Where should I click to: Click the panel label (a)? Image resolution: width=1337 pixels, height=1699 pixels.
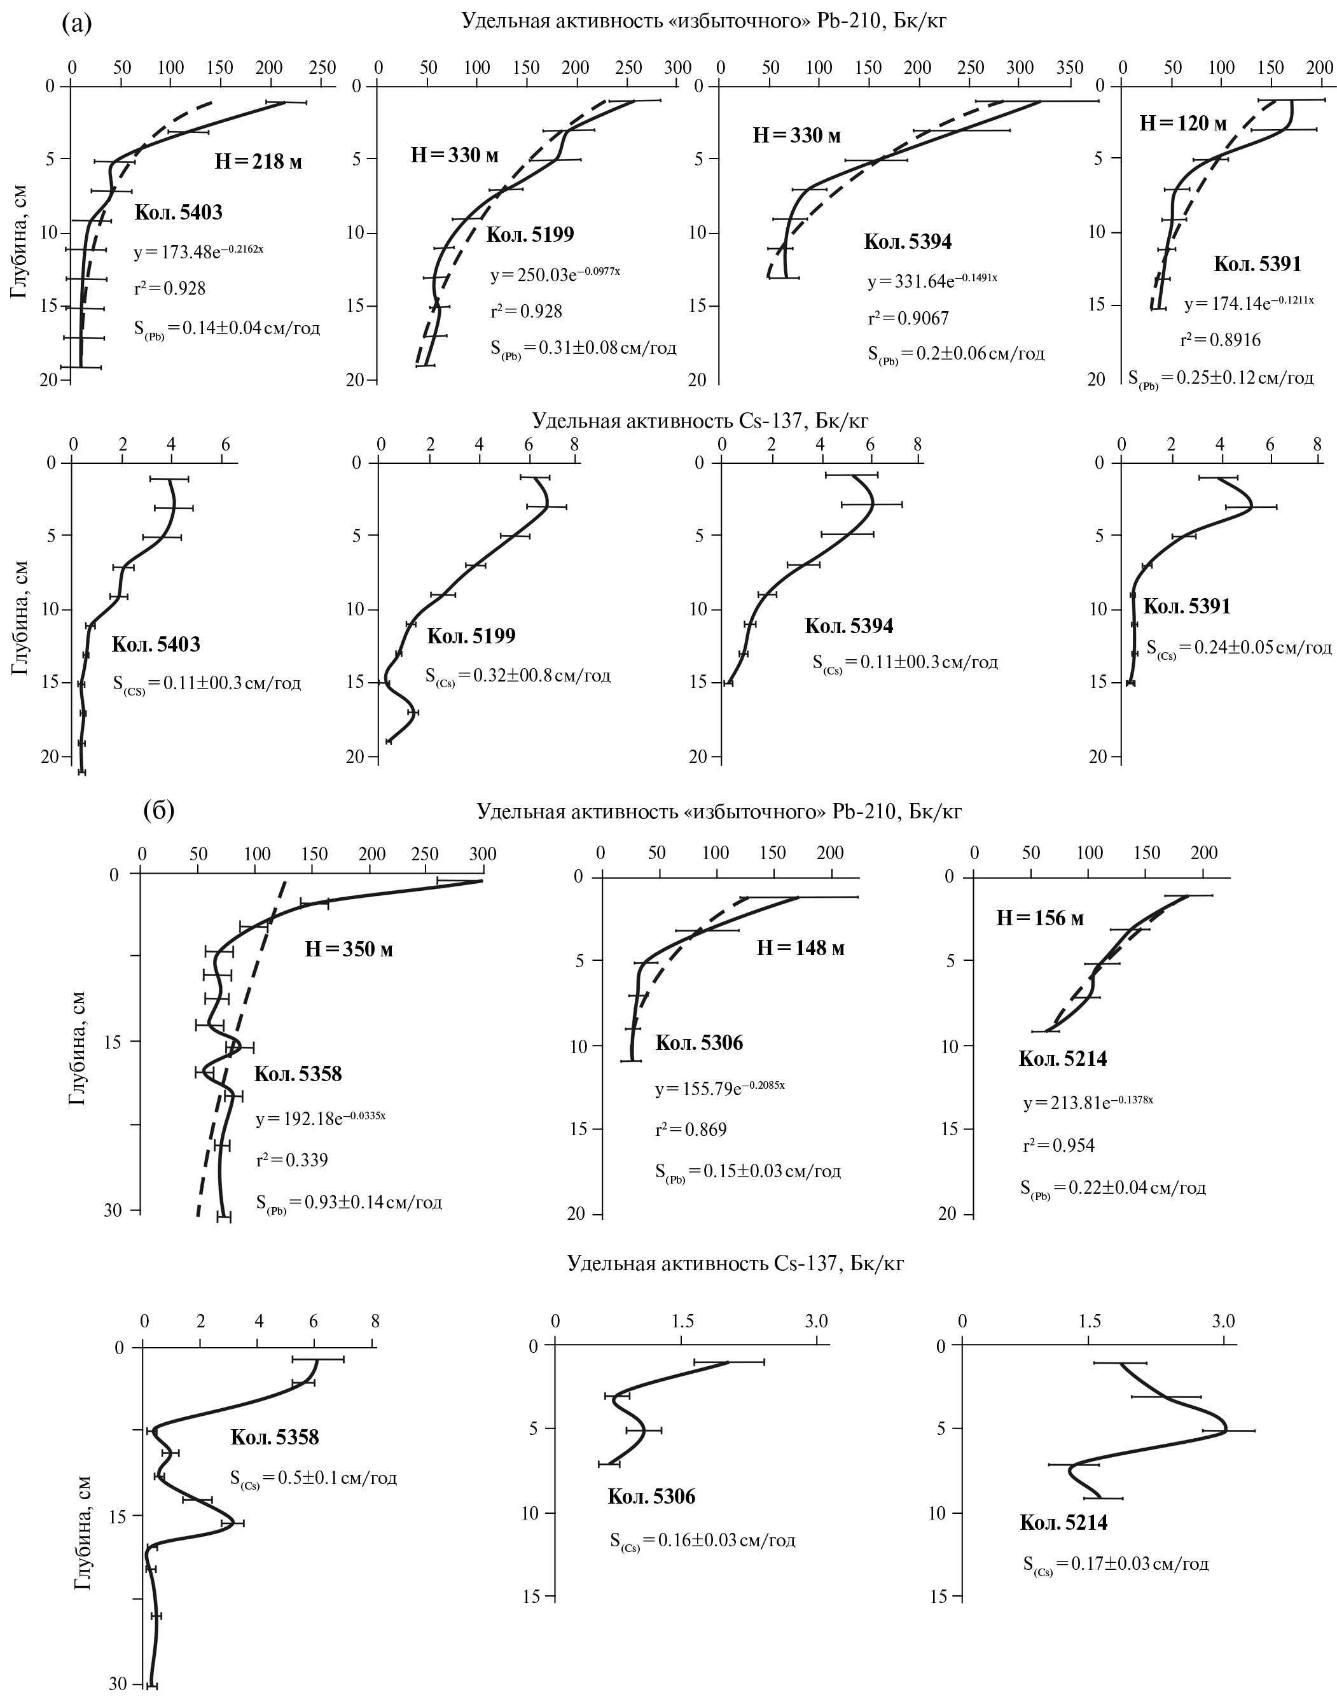(x=77, y=24)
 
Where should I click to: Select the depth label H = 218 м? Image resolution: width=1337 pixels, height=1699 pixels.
(x=258, y=162)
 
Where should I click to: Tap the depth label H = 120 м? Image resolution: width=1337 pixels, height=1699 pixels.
(x=1183, y=123)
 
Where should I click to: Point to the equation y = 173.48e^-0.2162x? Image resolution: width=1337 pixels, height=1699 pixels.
(x=199, y=251)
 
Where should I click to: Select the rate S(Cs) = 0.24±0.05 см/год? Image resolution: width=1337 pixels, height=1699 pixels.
(x=1238, y=648)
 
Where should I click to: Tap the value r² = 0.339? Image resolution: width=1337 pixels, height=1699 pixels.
(x=292, y=1160)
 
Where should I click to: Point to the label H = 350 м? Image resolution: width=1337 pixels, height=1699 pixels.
(x=349, y=949)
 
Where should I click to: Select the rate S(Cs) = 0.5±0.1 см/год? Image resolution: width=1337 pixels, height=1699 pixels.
(x=313, y=1478)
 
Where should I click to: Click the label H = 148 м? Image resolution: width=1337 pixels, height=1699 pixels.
(x=800, y=948)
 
